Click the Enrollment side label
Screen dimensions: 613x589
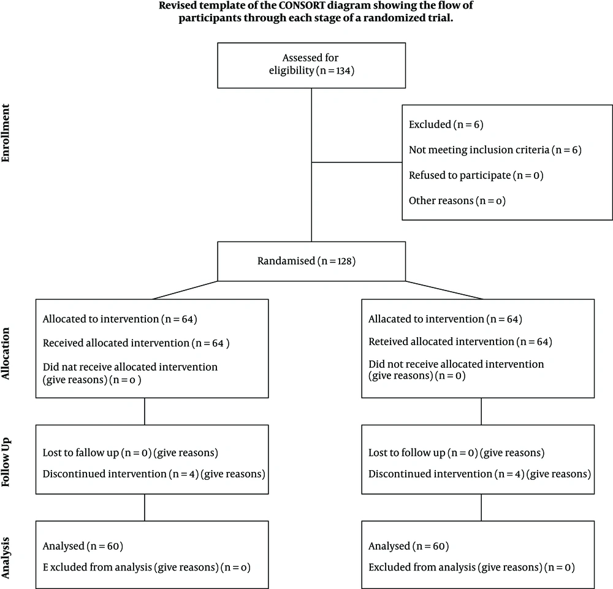coord(6,133)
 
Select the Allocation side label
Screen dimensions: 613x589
coord(6,353)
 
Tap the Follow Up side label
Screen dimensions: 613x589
coord(6,462)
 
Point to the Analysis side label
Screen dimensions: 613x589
coord(6,558)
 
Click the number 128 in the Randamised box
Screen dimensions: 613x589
coord(345,261)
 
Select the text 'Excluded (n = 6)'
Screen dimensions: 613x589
coord(446,124)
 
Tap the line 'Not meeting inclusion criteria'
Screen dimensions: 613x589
coord(479,150)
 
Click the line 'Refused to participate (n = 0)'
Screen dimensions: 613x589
coord(476,175)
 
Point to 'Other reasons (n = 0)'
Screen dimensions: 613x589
coord(457,201)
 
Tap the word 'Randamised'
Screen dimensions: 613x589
coord(286,261)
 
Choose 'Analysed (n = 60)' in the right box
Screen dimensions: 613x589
coord(408,546)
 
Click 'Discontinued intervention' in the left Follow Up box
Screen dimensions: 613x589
coord(104,474)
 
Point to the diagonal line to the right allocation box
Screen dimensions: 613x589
coord(444,290)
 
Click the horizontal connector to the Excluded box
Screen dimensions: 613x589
coord(357,162)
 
